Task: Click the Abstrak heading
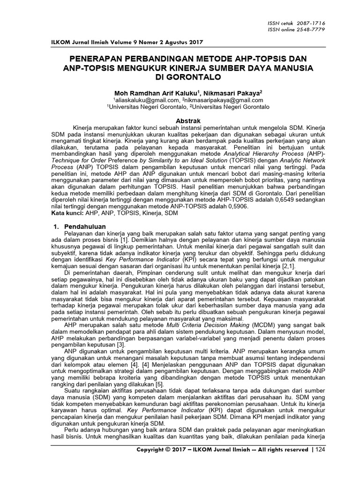[x=187, y=121]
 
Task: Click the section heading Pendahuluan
[x=85, y=226]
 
